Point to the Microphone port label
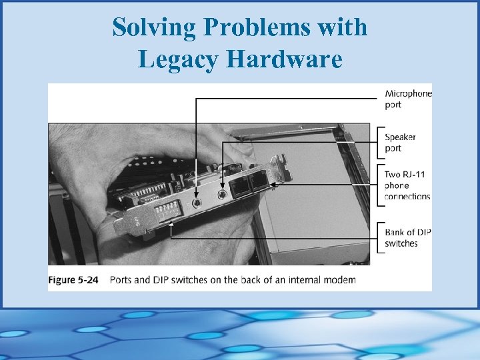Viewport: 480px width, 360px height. tap(408, 99)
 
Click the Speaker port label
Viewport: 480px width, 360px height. tap(401, 142)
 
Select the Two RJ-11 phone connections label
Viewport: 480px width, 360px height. tap(407, 185)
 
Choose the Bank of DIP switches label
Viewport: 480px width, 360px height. tap(408, 237)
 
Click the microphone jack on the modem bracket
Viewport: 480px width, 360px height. tap(196, 203)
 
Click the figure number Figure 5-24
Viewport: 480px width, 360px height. tap(73, 280)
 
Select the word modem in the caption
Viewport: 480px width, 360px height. tap(342, 280)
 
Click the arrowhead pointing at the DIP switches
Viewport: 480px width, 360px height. tap(171, 225)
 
